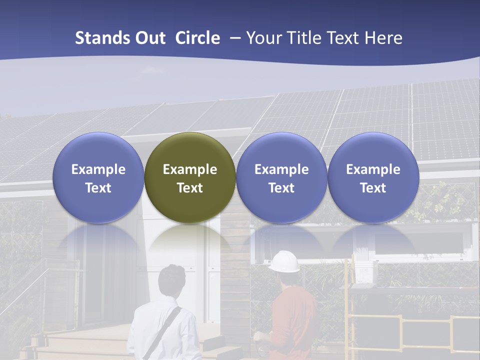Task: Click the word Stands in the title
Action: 102,38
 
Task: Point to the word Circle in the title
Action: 197,38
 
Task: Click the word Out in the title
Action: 150,38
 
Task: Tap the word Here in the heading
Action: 384,38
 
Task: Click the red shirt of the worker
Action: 292,325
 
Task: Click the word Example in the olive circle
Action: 190,169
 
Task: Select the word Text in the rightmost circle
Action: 373,188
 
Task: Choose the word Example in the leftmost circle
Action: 98,169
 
